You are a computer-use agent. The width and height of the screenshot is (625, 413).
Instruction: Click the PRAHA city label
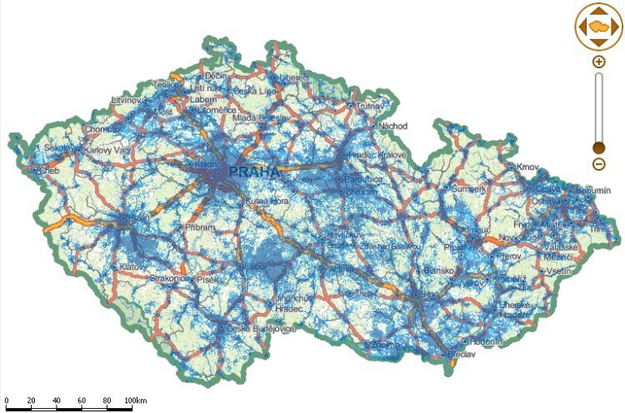pyautogui.click(x=253, y=172)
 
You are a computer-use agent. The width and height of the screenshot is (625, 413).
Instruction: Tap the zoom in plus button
pyautogui.click(x=598, y=62)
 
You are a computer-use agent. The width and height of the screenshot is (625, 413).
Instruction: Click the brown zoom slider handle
pyautogui.click(x=598, y=147)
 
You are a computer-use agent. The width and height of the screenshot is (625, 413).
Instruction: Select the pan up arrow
pyautogui.click(x=598, y=12)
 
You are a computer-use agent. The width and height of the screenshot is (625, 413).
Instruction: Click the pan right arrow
pyautogui.click(x=615, y=27)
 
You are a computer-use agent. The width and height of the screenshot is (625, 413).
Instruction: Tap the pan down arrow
pyautogui.click(x=598, y=42)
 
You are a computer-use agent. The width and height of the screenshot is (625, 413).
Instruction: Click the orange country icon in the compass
pyautogui.click(x=598, y=27)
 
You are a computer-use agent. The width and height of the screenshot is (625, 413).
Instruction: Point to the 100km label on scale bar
pyautogui.click(x=135, y=401)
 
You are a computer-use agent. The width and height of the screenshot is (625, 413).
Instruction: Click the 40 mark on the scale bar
pyautogui.click(x=56, y=401)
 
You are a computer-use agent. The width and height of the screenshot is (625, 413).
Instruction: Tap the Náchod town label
pyautogui.click(x=393, y=126)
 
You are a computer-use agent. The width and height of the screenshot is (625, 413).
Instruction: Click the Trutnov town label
pyautogui.click(x=372, y=107)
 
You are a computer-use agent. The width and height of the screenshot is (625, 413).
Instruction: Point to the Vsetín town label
pyautogui.click(x=559, y=271)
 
